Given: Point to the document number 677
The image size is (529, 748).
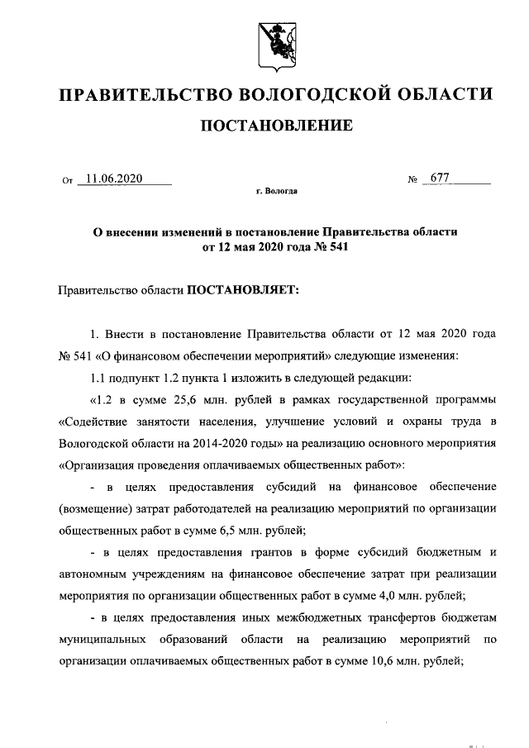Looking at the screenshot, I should click(439, 179).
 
